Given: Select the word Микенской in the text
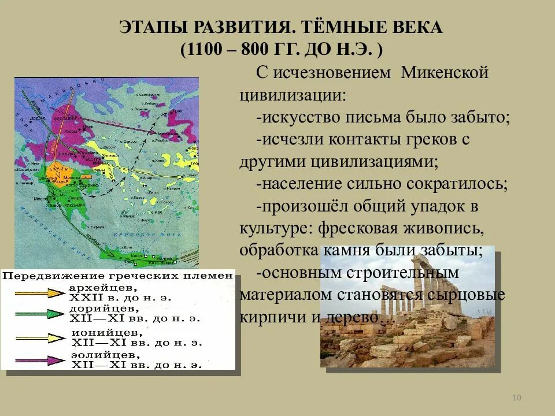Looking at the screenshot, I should pos(445,73).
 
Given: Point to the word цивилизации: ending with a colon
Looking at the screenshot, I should pos(293,95).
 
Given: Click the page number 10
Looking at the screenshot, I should pos(517,398).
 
